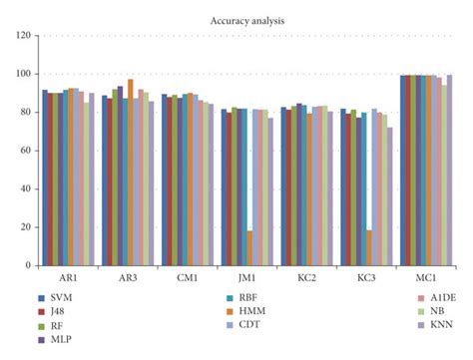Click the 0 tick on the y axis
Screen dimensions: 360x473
click(x=26, y=267)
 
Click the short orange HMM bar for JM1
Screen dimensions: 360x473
click(x=249, y=248)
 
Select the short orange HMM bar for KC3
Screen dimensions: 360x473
click(x=369, y=248)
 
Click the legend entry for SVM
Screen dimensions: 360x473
click(x=60, y=298)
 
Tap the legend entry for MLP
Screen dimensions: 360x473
click(x=60, y=340)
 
